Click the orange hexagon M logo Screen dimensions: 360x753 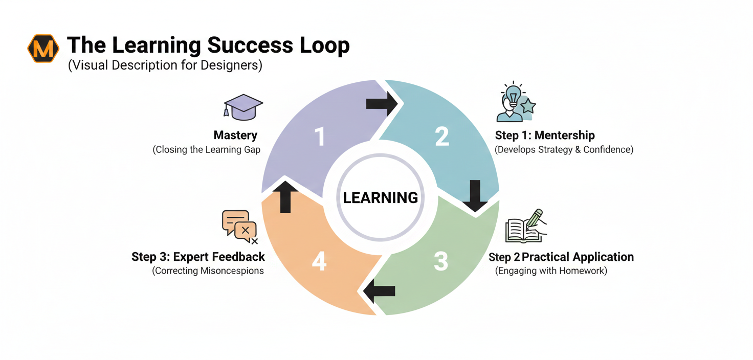[x=43, y=49]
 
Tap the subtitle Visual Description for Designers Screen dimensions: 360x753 [x=165, y=66]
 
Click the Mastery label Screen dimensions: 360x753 [x=235, y=136]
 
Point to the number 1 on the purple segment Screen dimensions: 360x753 [x=320, y=137]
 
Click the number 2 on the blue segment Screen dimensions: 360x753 [x=441, y=137]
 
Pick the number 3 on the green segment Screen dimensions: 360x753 [x=440, y=261]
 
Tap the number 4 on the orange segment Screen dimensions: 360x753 [x=319, y=262]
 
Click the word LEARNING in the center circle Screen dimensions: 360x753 [x=381, y=198]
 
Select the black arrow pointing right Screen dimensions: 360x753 [x=382, y=103]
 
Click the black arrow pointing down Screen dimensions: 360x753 [x=475, y=196]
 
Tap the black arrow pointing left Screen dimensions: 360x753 [x=379, y=291]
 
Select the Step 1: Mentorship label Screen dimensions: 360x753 [x=545, y=136]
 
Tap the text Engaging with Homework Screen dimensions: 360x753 [x=551, y=271]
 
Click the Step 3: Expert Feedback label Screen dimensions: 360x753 [x=198, y=257]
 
